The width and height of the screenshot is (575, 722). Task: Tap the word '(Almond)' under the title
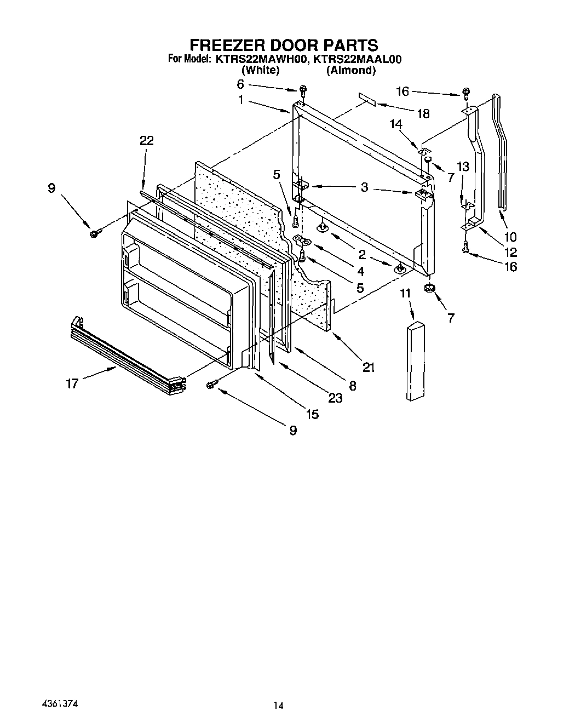[350, 70]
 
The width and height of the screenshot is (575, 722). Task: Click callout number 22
[146, 141]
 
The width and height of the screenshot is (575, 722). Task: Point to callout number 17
[72, 383]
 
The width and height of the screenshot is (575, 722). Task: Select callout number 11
[405, 294]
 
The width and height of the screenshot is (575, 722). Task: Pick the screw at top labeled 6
[302, 90]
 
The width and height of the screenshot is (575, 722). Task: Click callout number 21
[369, 368]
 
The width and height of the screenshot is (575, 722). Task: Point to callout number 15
[312, 414]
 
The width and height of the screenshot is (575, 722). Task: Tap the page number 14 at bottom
[278, 706]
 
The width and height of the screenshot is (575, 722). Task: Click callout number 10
[510, 237]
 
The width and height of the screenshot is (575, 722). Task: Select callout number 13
[463, 167]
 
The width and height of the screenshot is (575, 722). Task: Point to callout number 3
[364, 188]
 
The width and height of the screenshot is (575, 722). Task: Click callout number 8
[352, 386]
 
